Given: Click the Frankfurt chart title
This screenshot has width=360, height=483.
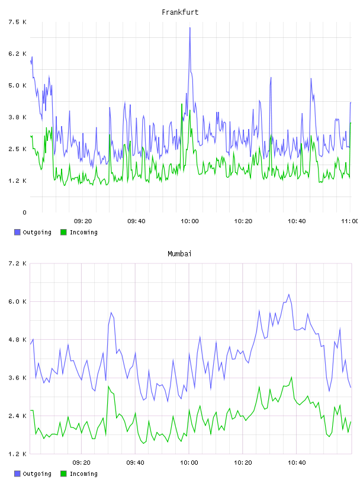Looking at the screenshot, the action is coord(180,12).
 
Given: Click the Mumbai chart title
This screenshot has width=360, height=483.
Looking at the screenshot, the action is coord(179,254).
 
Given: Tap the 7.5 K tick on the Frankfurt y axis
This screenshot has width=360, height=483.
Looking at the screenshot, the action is coord(17,22).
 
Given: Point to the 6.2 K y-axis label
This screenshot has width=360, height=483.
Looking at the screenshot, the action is coord(17,54).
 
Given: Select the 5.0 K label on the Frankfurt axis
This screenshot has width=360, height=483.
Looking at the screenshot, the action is coord(17,85).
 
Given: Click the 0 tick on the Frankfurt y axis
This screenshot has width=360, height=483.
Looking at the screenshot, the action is coord(24,212).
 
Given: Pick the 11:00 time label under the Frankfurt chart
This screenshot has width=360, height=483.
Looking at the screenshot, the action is coord(351,221).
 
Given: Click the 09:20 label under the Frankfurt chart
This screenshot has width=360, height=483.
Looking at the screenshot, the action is coord(83,221).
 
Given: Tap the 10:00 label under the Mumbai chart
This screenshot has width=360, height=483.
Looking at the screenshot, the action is coord(189,462).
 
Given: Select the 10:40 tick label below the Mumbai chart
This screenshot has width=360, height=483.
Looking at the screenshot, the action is coord(297,462).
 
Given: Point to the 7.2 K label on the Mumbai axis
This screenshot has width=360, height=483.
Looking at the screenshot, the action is coord(17,263).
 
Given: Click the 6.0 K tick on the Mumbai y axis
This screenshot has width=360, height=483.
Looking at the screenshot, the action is coord(17,301).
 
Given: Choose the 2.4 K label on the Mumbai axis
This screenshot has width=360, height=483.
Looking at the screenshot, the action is coord(17,416).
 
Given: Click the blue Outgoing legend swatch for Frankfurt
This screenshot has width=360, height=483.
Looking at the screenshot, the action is coord(17,232).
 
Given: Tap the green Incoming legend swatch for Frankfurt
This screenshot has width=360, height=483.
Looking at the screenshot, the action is coord(63,232).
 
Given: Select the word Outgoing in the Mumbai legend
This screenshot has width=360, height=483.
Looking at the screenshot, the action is coord(37,474).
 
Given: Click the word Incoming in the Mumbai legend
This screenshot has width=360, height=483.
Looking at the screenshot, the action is coord(83,474).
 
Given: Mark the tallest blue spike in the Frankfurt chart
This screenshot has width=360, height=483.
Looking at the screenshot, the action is coord(190,28).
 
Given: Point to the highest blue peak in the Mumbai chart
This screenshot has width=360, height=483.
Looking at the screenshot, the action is coord(289,295).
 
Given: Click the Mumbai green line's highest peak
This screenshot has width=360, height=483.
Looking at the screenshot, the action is coord(291,377).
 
